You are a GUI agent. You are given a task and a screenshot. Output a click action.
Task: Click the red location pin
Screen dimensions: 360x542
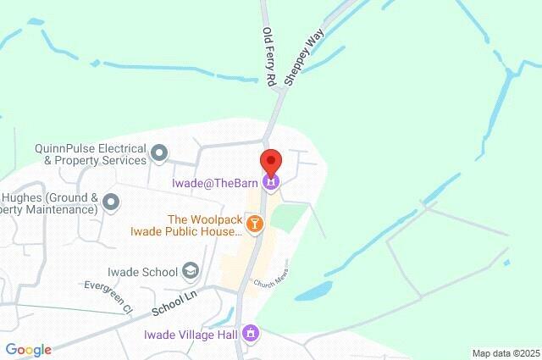pos(270,161)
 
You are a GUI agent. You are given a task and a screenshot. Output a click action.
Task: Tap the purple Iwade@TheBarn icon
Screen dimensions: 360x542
pos(270,181)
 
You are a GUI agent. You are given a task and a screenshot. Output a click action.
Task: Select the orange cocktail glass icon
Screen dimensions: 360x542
pos(254,224)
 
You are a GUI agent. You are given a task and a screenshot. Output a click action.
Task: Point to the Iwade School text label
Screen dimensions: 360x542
pos(143,272)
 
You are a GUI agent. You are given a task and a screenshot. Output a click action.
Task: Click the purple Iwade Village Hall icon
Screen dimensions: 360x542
pos(250,334)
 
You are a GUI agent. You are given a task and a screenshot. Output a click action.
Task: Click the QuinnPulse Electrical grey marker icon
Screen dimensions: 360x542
pos(159,153)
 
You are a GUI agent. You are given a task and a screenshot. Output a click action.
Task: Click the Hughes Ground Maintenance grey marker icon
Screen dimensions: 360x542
pos(110,202)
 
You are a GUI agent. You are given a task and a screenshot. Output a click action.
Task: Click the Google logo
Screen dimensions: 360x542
pos(28,350)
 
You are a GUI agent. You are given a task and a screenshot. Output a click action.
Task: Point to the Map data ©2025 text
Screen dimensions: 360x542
pos(505,353)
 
